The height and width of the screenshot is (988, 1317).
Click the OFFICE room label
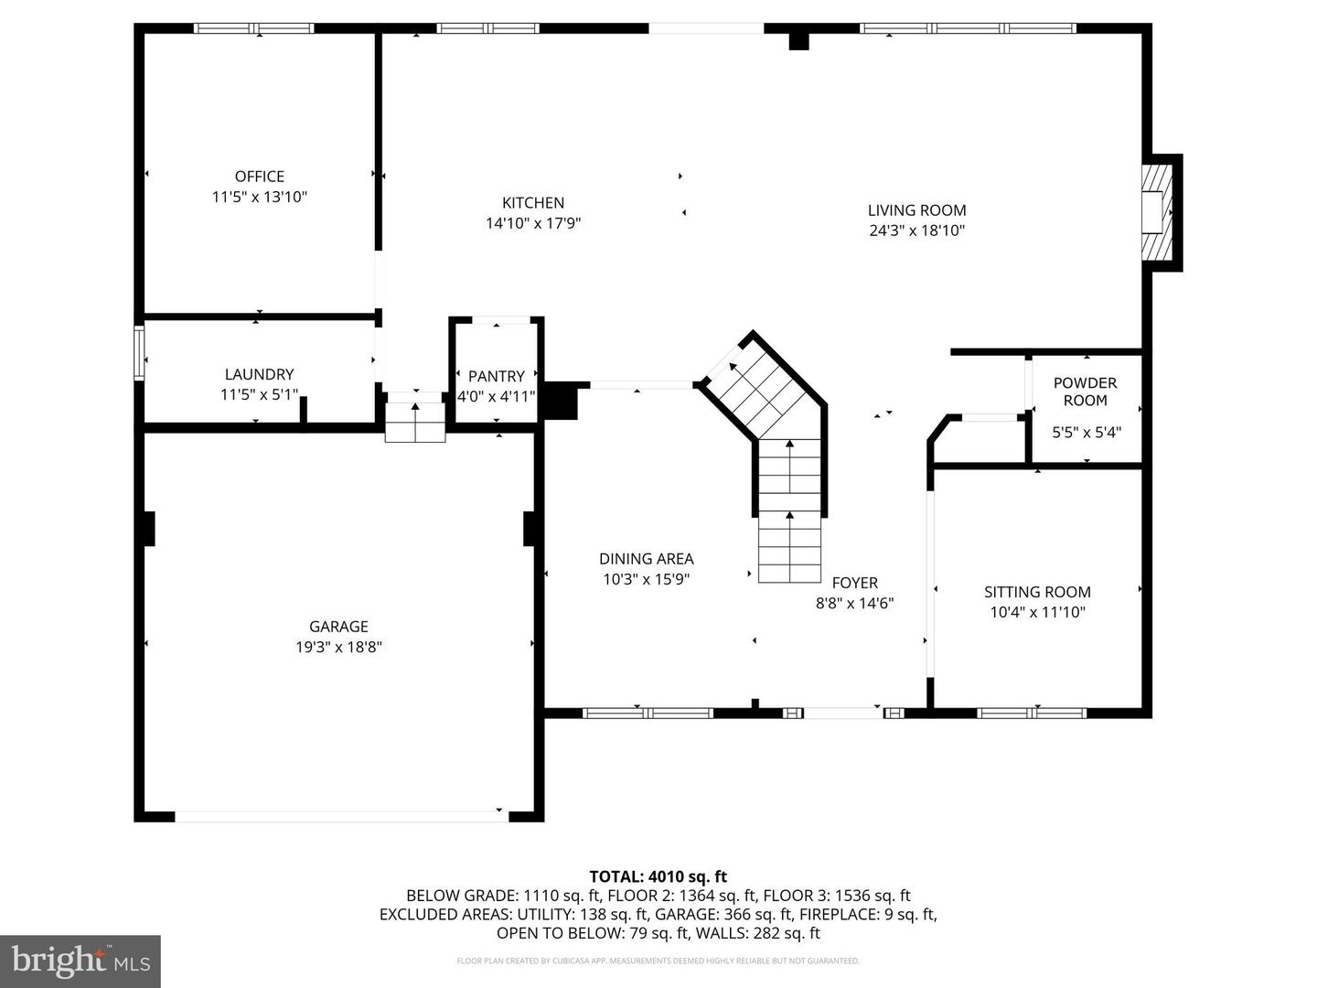pos(259,177)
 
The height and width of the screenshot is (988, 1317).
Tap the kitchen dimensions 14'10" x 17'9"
pos(533,223)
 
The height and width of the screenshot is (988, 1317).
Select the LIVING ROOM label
pos(916,210)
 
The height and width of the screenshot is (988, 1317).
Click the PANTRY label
pos(497,376)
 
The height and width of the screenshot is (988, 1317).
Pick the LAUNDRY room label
pos(259,374)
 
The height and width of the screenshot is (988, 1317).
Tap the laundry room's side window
pos(139,353)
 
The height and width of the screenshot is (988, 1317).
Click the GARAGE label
pos(338,627)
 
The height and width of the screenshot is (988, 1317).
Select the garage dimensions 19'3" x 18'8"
pos(338,648)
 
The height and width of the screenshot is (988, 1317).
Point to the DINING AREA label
pos(647,558)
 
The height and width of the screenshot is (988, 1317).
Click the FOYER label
pos(854,583)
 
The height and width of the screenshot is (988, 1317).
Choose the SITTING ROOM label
pos(1037,592)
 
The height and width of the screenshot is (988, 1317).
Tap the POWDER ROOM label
pos(1086,392)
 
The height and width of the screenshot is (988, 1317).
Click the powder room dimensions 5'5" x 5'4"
pos(1087,432)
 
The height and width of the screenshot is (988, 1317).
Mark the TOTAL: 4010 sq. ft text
pos(658,876)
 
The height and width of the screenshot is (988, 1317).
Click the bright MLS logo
pos(80,961)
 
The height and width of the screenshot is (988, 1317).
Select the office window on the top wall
pos(254,28)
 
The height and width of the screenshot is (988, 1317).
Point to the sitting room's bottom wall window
pos(1032,713)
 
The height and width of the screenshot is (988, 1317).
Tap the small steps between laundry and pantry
pos(415,417)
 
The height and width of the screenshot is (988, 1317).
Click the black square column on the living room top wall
pos(798,41)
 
